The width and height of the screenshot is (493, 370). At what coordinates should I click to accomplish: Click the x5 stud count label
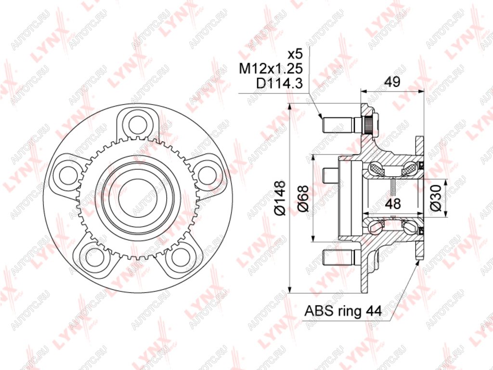tap(295, 54)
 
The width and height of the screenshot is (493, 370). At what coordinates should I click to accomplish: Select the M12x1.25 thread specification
tap(271, 68)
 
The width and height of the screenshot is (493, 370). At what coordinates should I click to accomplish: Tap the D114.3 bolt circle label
tap(280, 83)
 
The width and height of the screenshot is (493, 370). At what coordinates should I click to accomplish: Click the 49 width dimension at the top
tap(393, 82)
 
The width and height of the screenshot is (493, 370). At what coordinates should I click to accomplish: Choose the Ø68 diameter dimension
tap(302, 198)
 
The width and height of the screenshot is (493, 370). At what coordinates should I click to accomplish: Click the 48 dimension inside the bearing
tap(393, 204)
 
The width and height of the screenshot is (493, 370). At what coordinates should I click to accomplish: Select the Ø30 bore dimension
tap(437, 198)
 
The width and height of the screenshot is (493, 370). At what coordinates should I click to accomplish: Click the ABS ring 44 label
tap(343, 311)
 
